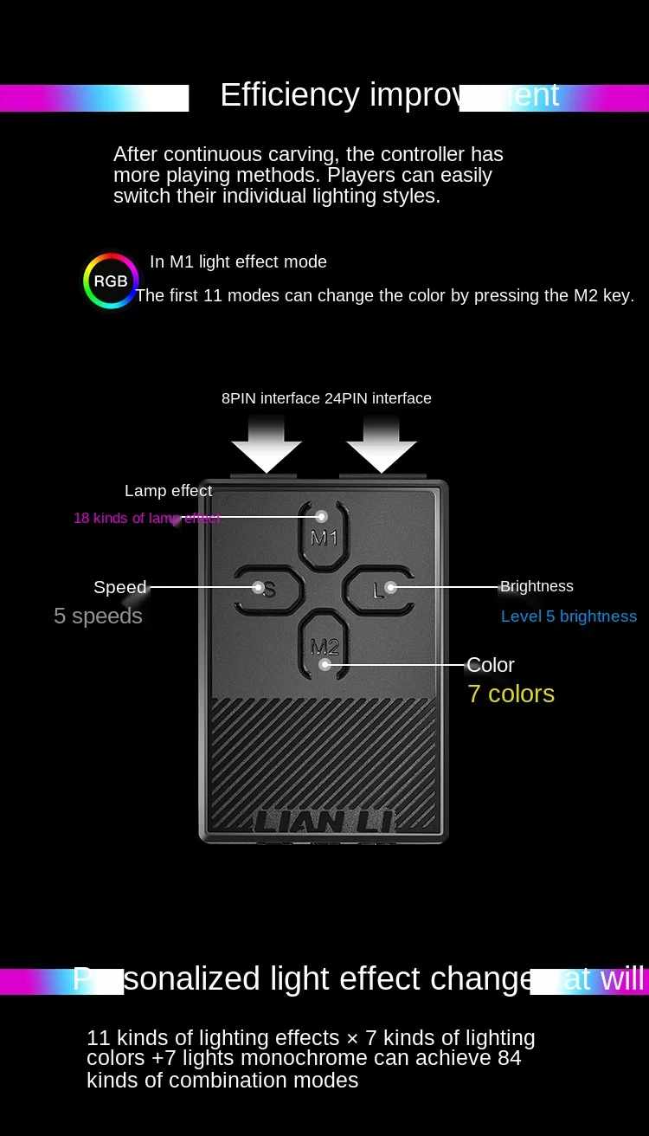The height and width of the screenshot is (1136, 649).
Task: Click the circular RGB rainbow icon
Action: click(110, 281)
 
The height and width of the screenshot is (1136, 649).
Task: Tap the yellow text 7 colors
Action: click(511, 694)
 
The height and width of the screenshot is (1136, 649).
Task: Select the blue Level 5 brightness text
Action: click(569, 616)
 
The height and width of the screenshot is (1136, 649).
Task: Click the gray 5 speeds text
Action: click(98, 616)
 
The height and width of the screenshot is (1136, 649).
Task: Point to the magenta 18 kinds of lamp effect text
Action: click(146, 518)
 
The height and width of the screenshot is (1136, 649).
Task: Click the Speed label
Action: click(119, 587)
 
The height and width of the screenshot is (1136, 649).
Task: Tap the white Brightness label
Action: click(537, 586)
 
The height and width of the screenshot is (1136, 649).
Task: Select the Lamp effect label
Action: click(168, 491)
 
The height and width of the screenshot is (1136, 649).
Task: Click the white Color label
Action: click(491, 665)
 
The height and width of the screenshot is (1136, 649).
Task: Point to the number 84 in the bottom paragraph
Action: click(510, 1058)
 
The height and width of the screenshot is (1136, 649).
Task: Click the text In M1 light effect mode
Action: click(238, 261)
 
